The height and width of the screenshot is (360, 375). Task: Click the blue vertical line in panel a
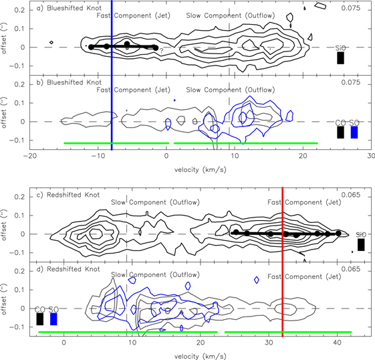tap(112, 67)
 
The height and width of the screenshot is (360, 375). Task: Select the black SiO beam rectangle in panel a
tap(340, 58)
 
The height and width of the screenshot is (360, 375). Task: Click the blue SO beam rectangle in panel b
tap(354, 132)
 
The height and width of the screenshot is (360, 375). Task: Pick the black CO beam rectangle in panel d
tap(40, 319)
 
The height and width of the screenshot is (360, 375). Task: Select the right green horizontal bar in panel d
tap(287, 332)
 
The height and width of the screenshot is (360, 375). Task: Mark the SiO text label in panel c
tap(361, 234)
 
